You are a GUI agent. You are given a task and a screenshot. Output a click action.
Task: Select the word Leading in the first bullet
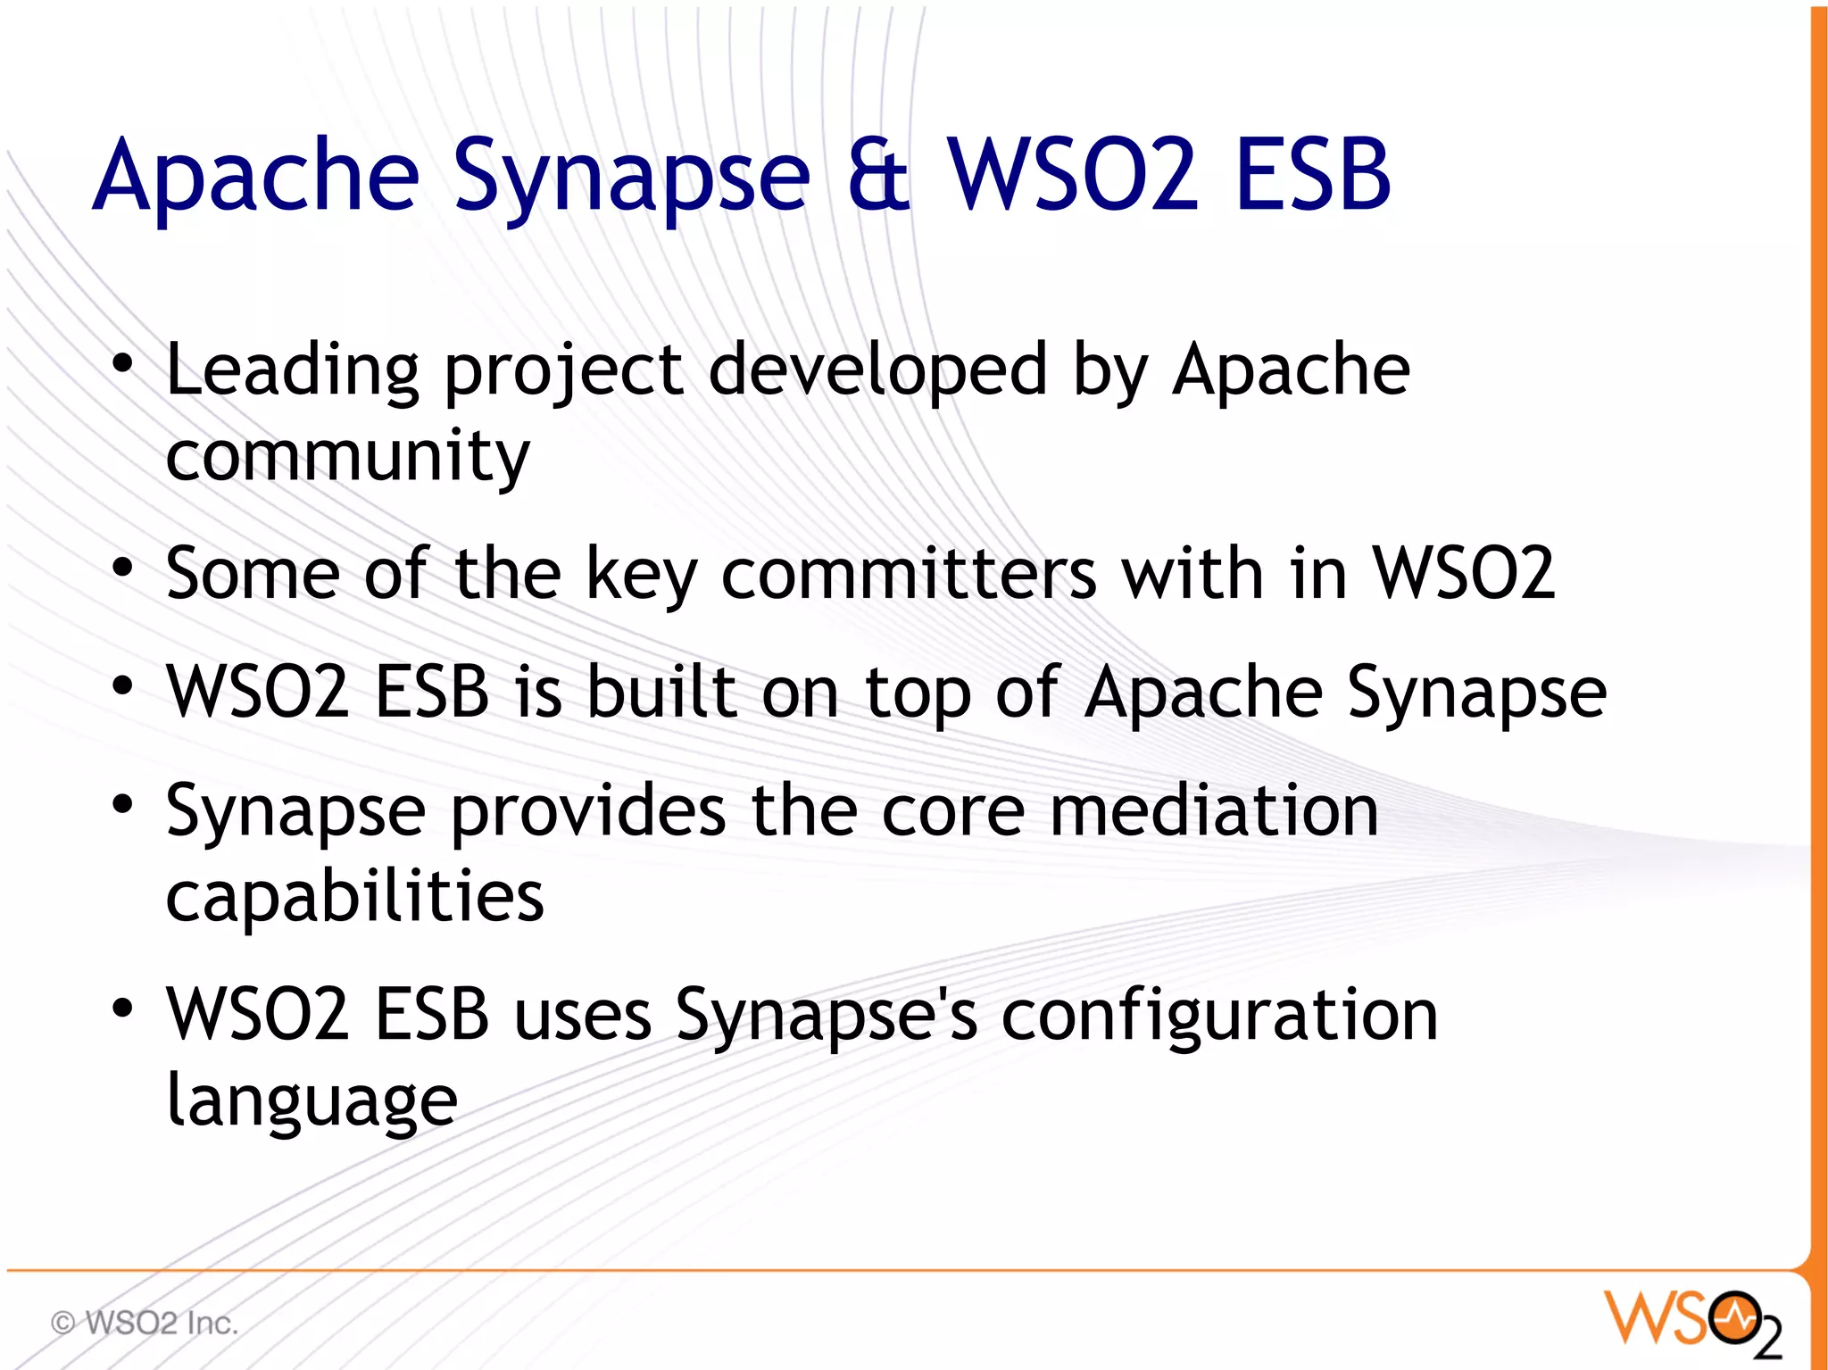click(x=292, y=370)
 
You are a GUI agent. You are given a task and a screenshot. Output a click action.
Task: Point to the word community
click(x=347, y=456)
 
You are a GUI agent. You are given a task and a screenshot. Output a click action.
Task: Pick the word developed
click(x=877, y=370)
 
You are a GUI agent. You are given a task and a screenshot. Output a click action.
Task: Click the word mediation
click(x=1214, y=810)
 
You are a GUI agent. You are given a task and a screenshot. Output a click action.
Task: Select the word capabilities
click(x=354, y=897)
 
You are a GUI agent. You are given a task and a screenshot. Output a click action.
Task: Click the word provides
click(x=588, y=812)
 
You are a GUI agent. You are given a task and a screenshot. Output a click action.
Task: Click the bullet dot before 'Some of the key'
click(x=122, y=568)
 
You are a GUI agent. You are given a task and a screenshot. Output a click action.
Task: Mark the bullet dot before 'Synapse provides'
click(x=122, y=804)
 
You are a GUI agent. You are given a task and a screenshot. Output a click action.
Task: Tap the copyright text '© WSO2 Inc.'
click(x=145, y=1323)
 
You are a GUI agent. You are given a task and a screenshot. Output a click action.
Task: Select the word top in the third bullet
click(x=917, y=694)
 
